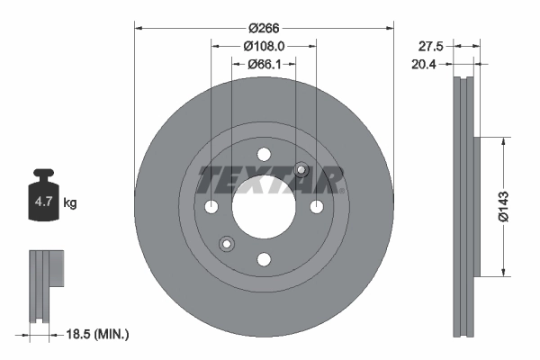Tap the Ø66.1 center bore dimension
coord(264,64)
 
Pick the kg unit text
coord(70,203)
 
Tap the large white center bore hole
coord(264,206)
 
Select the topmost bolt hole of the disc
coord(264,154)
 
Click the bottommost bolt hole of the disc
coord(264,259)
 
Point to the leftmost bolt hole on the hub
coord(211,207)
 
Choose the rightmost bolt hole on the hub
coord(317,207)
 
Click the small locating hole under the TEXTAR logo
coord(301,170)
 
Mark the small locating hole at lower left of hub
coord(227,243)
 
